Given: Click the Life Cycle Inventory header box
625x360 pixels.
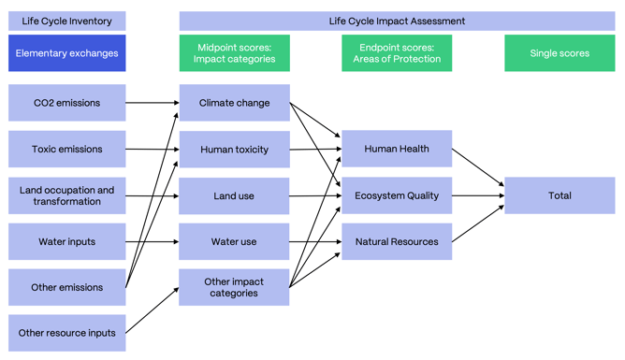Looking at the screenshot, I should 66,21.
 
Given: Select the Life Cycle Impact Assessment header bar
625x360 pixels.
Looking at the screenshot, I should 397,21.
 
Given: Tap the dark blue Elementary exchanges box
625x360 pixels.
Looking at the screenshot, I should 66,53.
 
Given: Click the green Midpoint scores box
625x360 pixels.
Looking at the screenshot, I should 234,53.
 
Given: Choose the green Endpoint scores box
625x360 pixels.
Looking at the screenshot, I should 397,53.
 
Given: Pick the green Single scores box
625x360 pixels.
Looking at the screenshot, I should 560,53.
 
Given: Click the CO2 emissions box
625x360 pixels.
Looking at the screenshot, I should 66,103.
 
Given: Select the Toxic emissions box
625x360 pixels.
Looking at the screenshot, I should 66,149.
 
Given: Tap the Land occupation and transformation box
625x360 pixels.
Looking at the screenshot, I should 66,195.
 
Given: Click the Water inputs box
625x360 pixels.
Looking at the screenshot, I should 66,241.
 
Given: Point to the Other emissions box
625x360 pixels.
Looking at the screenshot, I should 66,287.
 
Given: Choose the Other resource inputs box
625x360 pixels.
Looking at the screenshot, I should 66,333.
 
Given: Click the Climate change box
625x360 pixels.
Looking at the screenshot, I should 234,103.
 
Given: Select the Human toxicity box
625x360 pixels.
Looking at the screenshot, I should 234,149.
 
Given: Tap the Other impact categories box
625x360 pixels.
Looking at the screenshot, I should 234,287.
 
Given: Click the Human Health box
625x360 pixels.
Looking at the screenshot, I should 397,149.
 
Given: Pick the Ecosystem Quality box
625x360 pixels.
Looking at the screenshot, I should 397,195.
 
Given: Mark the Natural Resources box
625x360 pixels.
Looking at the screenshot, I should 397,241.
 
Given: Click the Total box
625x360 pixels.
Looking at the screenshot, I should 560,195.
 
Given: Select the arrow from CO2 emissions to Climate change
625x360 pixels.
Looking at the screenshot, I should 152,103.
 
